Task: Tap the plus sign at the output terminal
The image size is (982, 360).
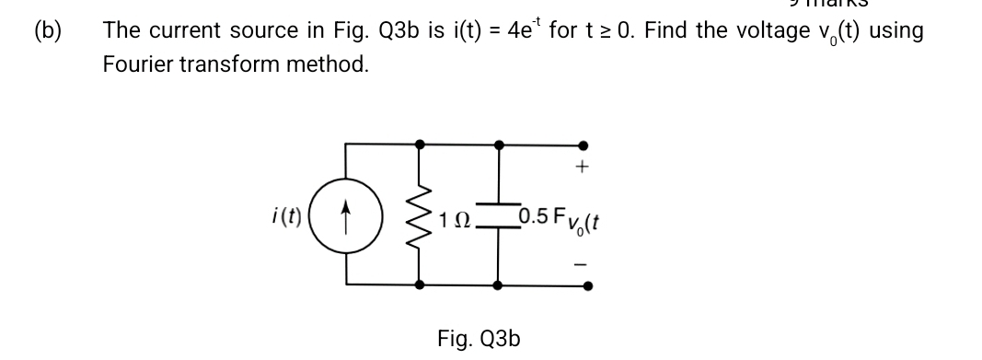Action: coord(581,168)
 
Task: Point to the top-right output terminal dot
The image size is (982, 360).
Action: coord(581,145)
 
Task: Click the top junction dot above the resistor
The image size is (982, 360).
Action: coord(422,145)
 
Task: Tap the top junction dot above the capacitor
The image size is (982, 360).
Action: coord(498,145)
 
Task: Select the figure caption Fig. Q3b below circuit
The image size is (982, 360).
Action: coord(479,338)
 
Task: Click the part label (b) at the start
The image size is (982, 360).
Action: coord(47,29)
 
